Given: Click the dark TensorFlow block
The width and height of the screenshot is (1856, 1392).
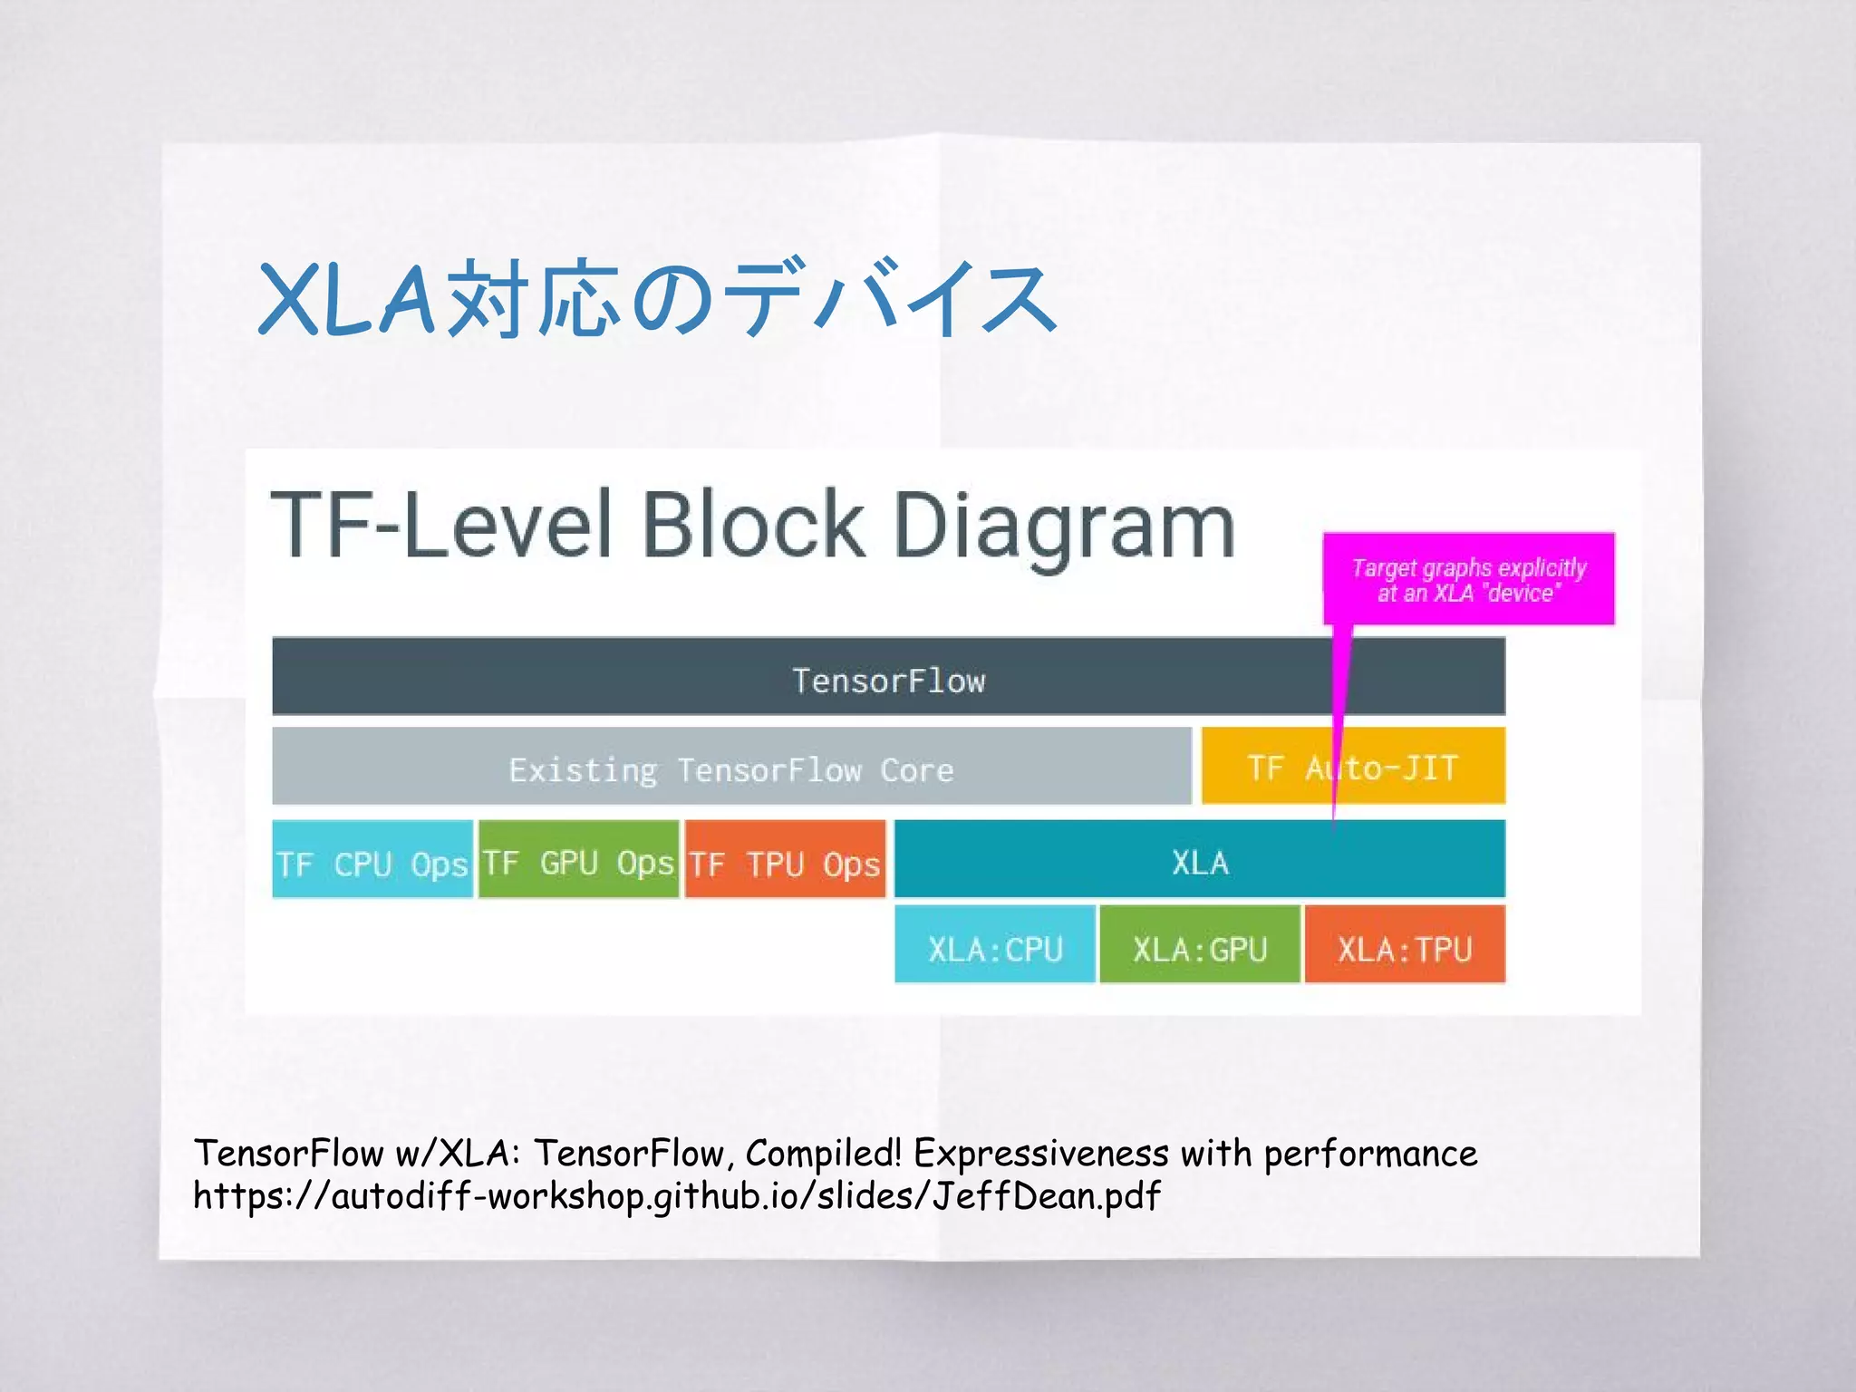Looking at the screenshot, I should coord(888,677).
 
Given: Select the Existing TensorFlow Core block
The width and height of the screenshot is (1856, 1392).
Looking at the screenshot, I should coord(730,767).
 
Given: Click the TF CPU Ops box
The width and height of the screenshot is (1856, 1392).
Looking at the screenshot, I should coord(372,860).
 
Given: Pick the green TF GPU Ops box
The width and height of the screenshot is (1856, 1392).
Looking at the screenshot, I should coord(578,860).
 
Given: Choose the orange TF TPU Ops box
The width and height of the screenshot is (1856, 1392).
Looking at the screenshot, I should coord(785,860).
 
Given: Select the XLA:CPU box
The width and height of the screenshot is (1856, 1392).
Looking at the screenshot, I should coord(994,945).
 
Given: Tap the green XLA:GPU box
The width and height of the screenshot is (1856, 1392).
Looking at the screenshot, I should coord(1199,945).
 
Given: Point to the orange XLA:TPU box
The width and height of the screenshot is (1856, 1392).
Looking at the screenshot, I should coord(1405,945).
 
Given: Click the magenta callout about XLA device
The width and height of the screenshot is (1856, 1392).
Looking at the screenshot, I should coord(1468,579).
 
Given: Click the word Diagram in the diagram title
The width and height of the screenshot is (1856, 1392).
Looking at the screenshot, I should coord(1064,526).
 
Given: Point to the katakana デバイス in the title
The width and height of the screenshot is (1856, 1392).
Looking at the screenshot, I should coord(893,299).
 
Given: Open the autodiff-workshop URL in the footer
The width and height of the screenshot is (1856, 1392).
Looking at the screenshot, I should coord(676,1196).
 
